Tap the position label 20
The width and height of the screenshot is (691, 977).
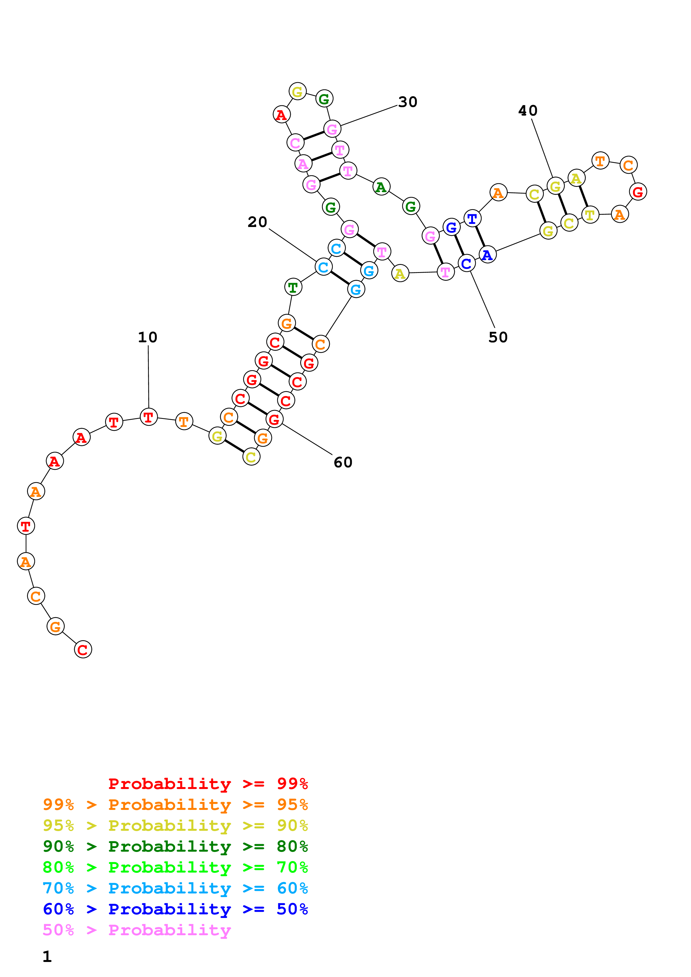(x=257, y=222)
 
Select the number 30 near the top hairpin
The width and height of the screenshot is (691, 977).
(x=408, y=102)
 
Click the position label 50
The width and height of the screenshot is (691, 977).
(x=498, y=338)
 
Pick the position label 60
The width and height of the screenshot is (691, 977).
(x=343, y=463)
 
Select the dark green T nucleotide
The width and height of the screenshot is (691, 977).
(x=293, y=287)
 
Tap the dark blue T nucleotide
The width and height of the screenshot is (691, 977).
(x=472, y=219)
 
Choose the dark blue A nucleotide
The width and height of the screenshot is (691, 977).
(x=488, y=255)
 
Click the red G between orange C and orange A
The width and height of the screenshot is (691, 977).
(x=637, y=192)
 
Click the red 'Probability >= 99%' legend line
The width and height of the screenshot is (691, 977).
(x=208, y=784)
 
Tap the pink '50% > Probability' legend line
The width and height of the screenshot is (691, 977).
(x=137, y=930)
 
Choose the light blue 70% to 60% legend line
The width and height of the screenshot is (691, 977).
(x=175, y=888)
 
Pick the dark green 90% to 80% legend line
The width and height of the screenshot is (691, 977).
(x=175, y=847)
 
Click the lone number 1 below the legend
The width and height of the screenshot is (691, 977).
(x=47, y=957)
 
